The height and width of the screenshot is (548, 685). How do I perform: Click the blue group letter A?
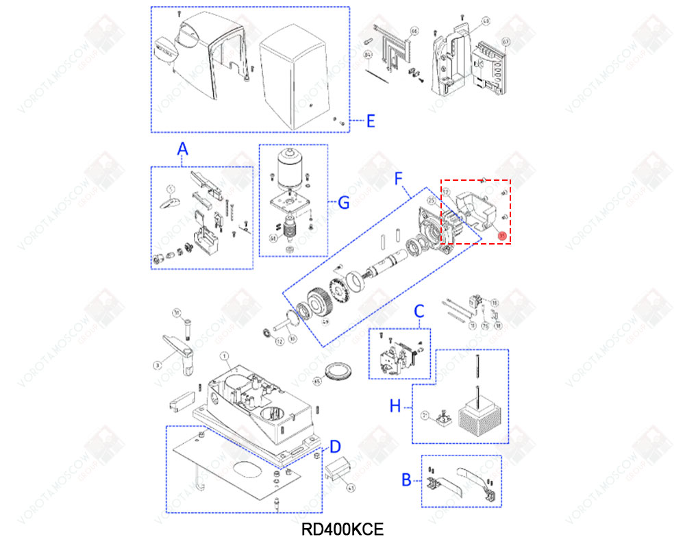pyautogui.click(x=182, y=149)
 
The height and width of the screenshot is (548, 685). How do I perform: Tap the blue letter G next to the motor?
pyautogui.click(x=344, y=203)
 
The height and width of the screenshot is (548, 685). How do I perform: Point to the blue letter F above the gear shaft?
pyautogui.click(x=401, y=179)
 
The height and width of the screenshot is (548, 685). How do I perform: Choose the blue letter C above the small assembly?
pyautogui.click(x=419, y=312)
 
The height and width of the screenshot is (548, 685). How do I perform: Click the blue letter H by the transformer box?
pyautogui.click(x=395, y=406)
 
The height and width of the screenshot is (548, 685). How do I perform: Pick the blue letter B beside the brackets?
pyautogui.click(x=406, y=480)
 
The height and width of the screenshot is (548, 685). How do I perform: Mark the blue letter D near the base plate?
pyautogui.click(x=335, y=447)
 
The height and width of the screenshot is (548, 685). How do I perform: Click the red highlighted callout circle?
pyautogui.click(x=501, y=236)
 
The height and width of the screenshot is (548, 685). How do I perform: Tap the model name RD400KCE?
pyautogui.click(x=342, y=529)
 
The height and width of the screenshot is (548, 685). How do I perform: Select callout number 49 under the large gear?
pyautogui.click(x=326, y=321)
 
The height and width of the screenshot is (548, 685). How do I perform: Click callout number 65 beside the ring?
pyautogui.click(x=317, y=379)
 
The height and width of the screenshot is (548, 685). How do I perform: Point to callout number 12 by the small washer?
pyautogui.click(x=279, y=340)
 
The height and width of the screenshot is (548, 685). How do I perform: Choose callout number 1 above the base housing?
pyautogui.click(x=223, y=356)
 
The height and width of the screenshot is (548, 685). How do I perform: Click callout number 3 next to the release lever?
pyautogui.click(x=157, y=365)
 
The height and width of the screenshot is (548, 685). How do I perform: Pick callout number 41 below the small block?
pyautogui.click(x=351, y=488)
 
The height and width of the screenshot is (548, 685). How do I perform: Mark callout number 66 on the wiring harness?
pyautogui.click(x=413, y=32)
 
